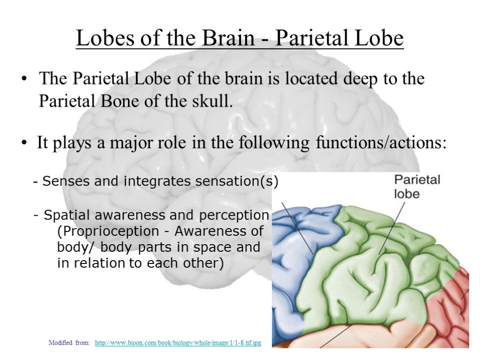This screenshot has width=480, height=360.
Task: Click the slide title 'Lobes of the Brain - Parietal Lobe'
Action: pyautogui.click(x=240, y=39)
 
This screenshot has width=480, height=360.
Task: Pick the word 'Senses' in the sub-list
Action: pyautogui.click(x=59, y=181)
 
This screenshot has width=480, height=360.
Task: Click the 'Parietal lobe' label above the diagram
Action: pyautogui.click(x=416, y=186)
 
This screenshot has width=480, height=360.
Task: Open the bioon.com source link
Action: pyautogui.click(x=178, y=344)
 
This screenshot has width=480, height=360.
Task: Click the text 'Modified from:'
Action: pyautogui.click(x=69, y=344)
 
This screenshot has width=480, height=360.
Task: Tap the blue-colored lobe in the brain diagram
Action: pyautogui.click(x=293, y=272)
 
